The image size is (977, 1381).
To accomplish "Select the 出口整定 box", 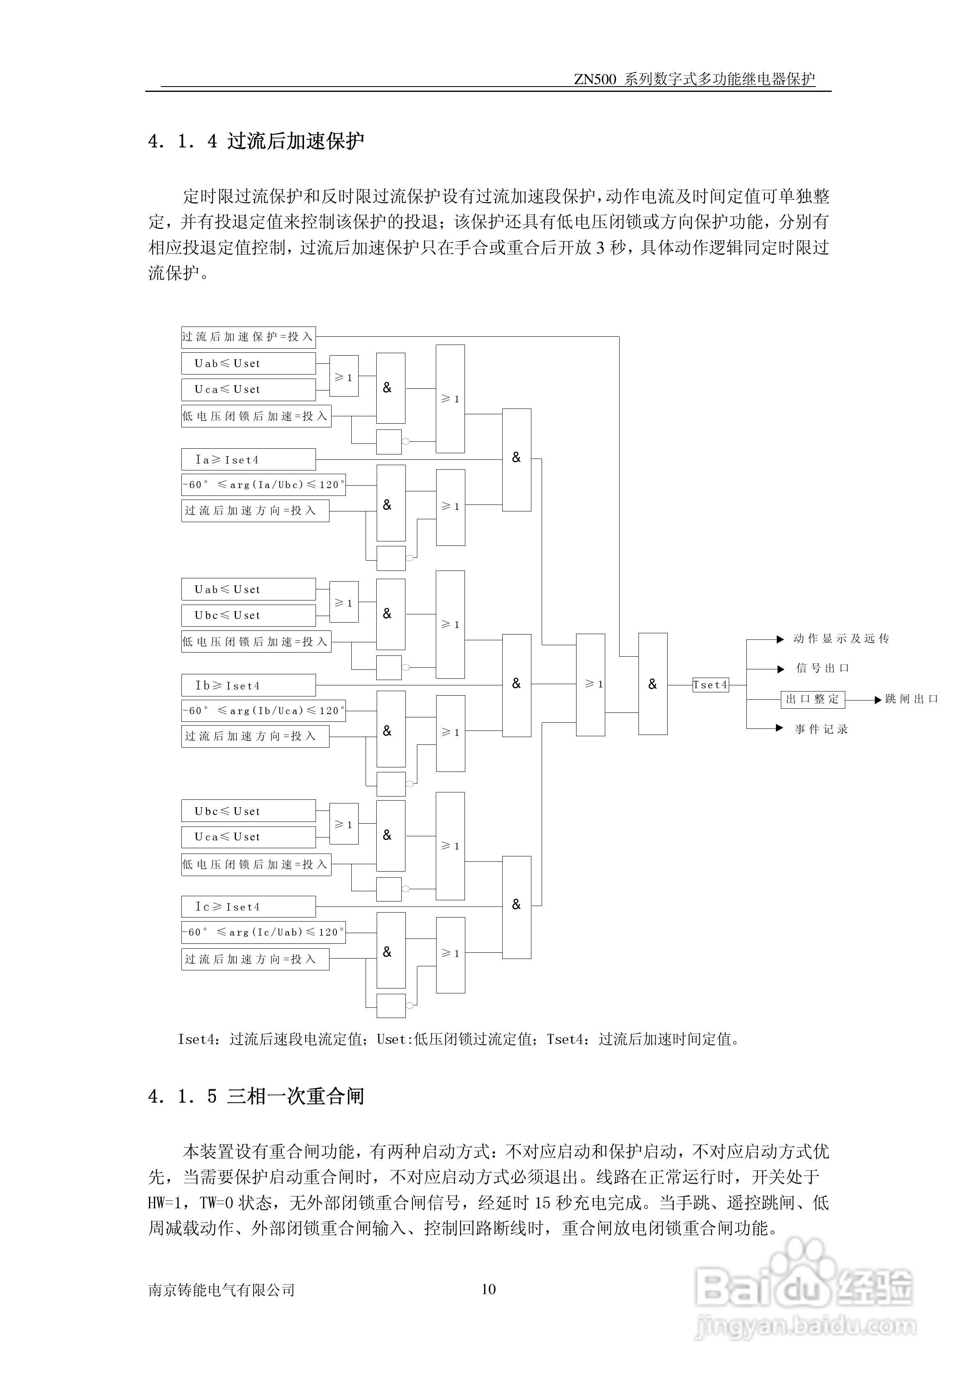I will coord(812,699).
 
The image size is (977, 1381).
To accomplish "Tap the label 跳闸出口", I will coord(911,699).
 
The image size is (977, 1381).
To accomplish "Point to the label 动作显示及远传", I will coord(841,639).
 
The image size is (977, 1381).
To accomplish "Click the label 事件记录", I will coord(821,729).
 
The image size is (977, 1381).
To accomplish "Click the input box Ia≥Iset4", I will coord(248,459).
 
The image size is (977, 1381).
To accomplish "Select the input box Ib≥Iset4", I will coord(248,685).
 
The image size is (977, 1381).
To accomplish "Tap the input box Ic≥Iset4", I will coord(248,906).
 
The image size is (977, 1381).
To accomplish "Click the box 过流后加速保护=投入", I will coord(248,337).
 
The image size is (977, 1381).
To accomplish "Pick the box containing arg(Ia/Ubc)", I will coord(263,485).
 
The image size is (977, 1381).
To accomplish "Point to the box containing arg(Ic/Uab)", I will coord(263,932).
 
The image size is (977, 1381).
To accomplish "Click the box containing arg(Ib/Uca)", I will coord(263,710).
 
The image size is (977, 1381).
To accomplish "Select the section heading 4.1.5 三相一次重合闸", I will coord(256,1096).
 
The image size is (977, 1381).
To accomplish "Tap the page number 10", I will coord(488,1289).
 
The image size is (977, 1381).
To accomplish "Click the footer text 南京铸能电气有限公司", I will coord(222,1290).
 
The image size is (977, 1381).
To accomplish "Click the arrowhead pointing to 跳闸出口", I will coord(878,699).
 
